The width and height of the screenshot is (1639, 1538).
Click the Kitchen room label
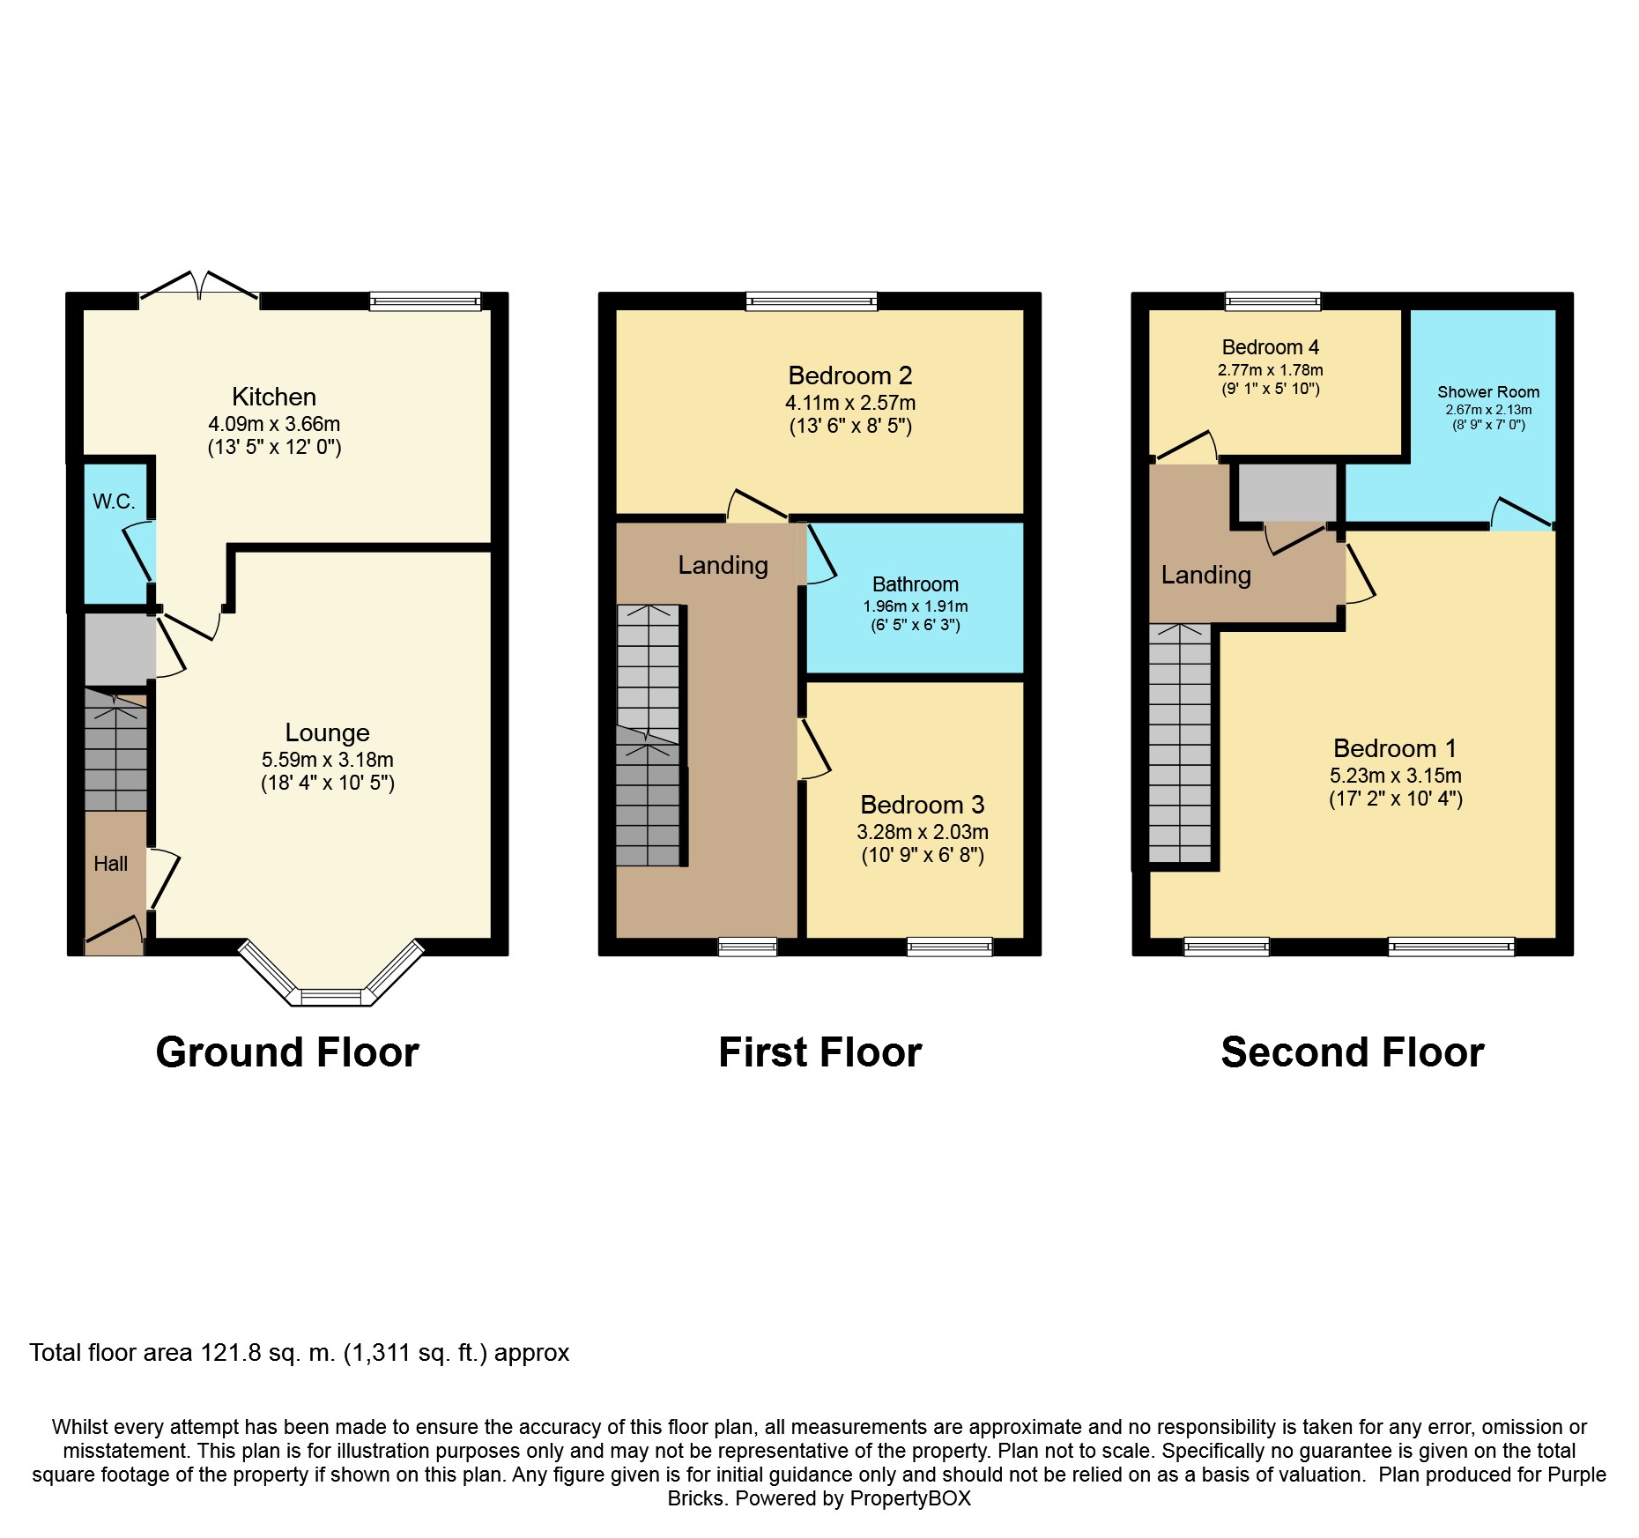274,397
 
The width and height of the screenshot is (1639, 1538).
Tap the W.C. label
114,502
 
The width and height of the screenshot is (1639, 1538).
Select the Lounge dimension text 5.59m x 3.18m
328,760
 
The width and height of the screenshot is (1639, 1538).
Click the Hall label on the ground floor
111,864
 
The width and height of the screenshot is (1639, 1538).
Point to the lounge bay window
331,979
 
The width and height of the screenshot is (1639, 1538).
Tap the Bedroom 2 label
850,375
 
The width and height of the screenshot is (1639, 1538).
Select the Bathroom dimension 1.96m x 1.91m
916,606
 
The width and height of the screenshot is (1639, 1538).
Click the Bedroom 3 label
923,805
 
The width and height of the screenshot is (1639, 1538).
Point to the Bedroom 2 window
812,301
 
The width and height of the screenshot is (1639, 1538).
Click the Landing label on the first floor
723,565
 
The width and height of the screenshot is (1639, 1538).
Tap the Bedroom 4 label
1271,347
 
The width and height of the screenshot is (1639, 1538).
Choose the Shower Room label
1488,392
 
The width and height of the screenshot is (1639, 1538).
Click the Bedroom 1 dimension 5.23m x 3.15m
1396,776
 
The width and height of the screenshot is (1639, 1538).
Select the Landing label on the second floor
1206,575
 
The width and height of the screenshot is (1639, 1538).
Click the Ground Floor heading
287,1052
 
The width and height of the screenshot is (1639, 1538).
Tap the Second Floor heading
1353,1052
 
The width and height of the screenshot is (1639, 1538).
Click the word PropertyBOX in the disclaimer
909,1498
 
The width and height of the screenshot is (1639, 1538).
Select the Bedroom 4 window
1273,301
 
